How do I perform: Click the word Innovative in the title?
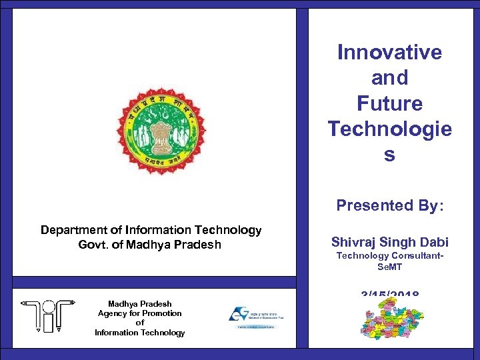(389, 52)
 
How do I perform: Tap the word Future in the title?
(389, 103)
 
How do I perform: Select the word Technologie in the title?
(389, 129)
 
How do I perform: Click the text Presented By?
(389, 205)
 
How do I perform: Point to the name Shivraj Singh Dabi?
(390, 242)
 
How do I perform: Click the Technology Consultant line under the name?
(390, 255)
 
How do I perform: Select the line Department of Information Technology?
(151, 230)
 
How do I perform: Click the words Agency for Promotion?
(139, 313)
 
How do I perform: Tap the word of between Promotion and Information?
(139, 323)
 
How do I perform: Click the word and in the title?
(389, 78)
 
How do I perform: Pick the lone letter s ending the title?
(389, 155)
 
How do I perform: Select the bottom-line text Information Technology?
(139, 333)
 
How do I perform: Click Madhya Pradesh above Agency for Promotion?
(139, 303)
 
